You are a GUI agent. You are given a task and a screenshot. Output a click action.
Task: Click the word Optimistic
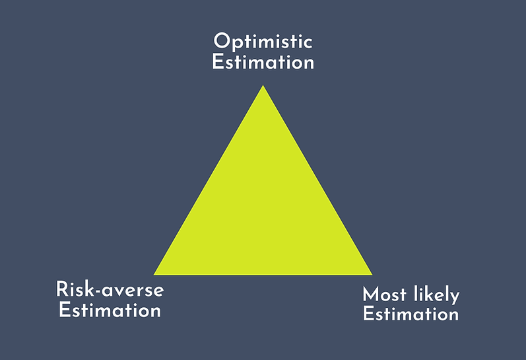263,42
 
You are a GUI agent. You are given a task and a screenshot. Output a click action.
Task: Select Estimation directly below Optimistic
263,62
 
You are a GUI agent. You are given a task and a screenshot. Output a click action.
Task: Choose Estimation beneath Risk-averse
110,310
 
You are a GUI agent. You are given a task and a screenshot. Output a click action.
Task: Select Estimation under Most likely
411,314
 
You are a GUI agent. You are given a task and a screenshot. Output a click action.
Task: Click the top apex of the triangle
263,85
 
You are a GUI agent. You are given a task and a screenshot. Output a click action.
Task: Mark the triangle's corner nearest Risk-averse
154,275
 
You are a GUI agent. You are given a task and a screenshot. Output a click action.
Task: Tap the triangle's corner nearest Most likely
372,275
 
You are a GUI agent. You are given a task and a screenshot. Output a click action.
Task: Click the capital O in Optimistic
222,42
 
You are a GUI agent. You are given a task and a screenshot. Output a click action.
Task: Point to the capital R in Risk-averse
62,289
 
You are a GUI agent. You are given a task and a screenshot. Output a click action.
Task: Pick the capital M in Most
370,295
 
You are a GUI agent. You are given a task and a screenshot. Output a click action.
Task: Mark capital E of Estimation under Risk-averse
64,310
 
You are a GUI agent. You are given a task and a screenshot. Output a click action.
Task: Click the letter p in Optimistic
238,45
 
